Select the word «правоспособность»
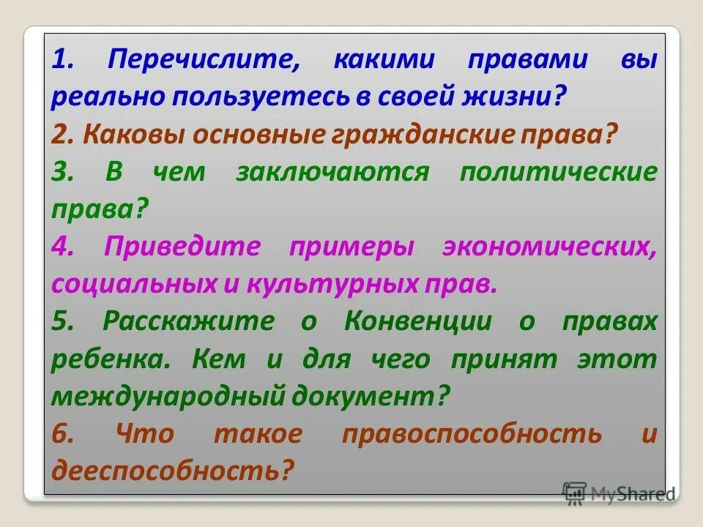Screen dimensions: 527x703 (x=472, y=433)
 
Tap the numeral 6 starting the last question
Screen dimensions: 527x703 (x=63, y=433)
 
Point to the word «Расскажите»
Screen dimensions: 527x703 (x=189, y=321)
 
